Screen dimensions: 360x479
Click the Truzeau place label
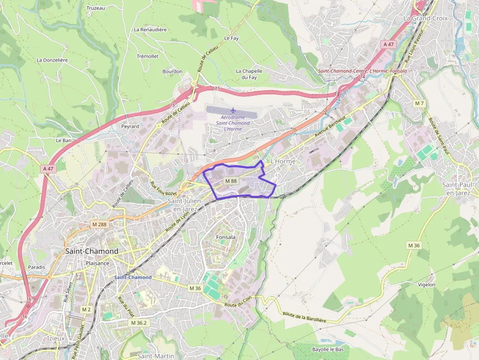(95, 8)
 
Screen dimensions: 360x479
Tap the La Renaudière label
(150, 29)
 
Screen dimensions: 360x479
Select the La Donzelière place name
(52, 60)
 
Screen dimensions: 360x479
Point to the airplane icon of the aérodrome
(233, 110)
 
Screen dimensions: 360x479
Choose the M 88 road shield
(231, 181)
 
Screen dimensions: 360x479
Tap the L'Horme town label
(283, 162)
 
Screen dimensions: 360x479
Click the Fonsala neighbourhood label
(225, 237)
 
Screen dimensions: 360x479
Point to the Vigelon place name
(427, 284)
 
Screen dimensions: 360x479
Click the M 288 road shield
(99, 224)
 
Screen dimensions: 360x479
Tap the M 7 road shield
(419, 103)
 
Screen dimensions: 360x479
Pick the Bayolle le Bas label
(328, 349)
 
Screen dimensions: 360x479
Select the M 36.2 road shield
(139, 323)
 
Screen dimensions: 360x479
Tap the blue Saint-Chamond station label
(133, 277)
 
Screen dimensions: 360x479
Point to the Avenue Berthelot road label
(330, 127)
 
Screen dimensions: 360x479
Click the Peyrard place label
(130, 126)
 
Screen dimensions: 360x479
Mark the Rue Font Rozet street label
(164, 188)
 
